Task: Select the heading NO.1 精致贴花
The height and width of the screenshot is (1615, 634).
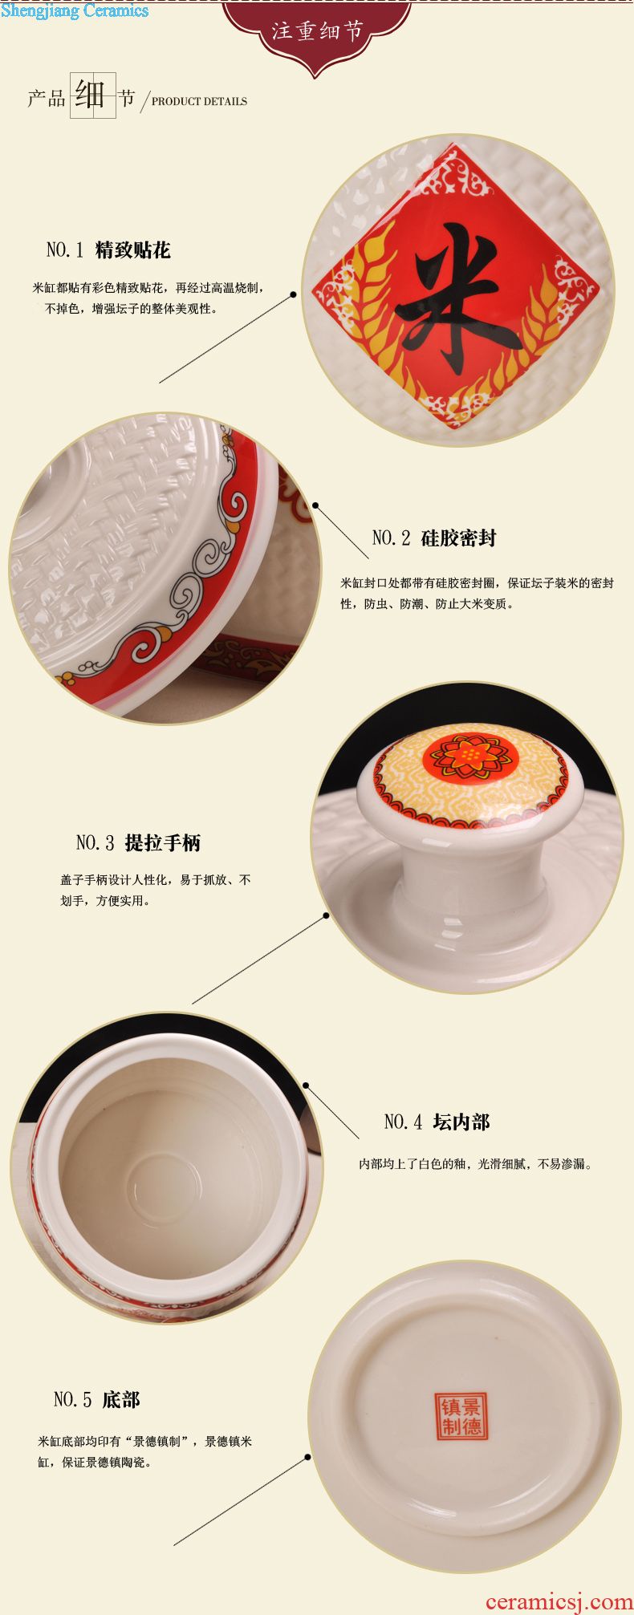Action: pos(108,250)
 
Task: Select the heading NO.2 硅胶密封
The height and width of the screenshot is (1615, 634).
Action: pos(434,538)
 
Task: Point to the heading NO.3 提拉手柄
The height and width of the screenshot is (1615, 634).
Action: pos(139,842)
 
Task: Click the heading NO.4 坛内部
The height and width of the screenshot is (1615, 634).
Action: pos(437,1122)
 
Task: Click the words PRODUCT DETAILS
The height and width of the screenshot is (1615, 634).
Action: pos(199,102)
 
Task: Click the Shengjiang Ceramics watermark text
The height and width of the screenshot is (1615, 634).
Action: pos(75,10)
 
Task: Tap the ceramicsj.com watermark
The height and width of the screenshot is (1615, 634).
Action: pos(559,1601)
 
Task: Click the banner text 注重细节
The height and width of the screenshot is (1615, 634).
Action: pos(317,31)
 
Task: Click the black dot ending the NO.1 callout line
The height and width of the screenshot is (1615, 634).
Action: pos(294,294)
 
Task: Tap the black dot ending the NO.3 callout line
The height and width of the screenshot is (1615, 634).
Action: pos(327,915)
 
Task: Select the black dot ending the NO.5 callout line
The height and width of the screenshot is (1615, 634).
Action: pos(307,1458)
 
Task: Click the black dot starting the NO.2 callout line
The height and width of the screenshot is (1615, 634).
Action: pos(315,505)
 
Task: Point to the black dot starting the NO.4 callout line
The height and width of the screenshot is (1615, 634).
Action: pos(306,1085)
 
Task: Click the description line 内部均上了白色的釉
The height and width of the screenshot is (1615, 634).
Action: pos(416,1164)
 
